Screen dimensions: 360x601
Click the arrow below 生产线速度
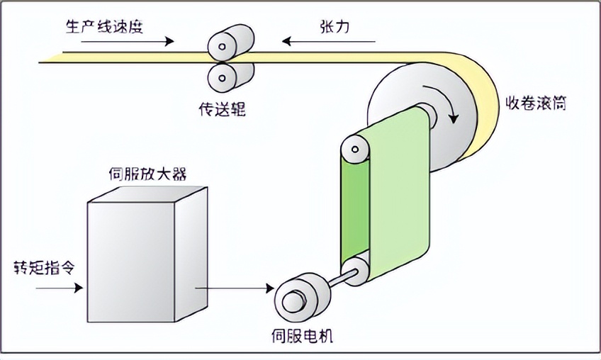tap(118, 41)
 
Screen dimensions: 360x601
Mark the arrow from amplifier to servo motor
tap(233, 288)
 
